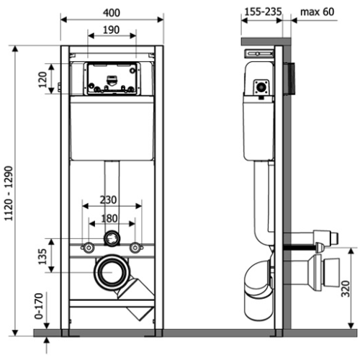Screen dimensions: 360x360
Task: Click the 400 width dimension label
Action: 111,13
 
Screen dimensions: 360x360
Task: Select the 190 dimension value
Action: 111,31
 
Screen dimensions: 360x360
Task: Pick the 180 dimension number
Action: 110,219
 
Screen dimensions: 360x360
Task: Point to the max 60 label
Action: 316,13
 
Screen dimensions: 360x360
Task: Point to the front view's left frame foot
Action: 66,330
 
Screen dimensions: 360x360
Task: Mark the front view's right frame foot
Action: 156,330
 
